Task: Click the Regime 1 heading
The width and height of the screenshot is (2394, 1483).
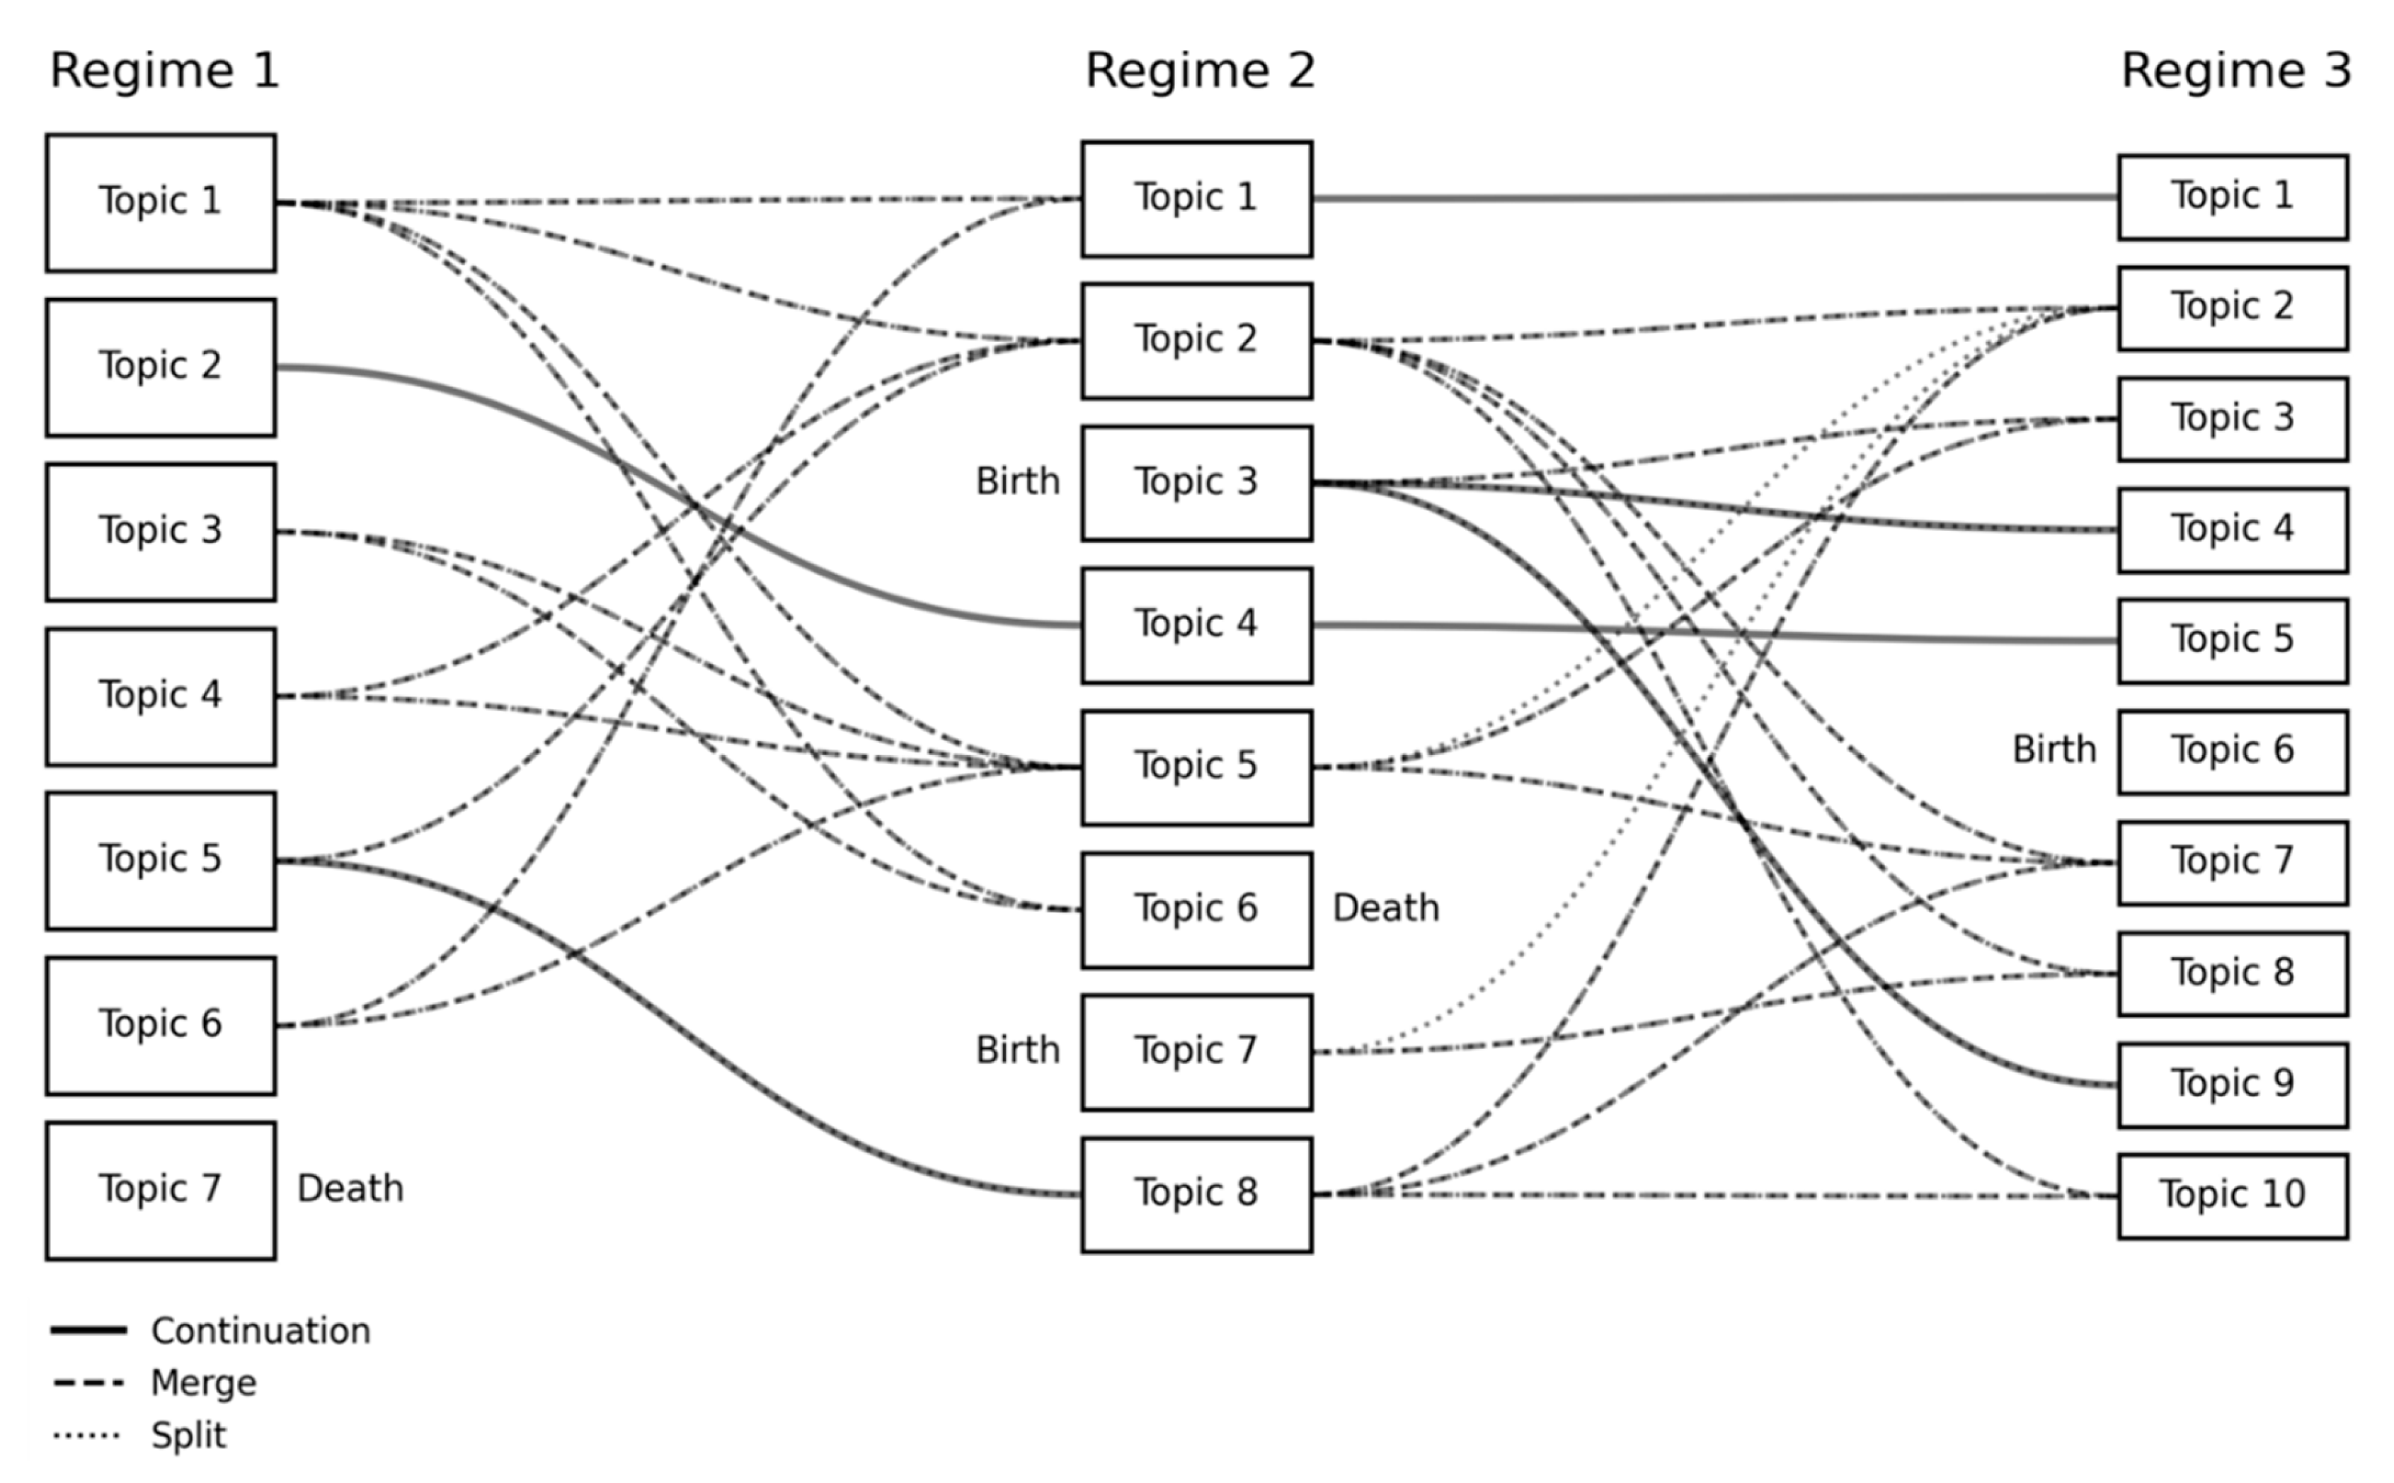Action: point(165,71)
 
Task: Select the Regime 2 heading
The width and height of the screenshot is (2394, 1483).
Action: point(1199,71)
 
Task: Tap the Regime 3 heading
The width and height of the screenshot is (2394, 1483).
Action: point(2236,71)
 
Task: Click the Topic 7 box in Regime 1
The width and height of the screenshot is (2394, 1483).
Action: point(161,1190)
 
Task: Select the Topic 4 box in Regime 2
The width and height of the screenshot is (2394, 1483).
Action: point(1196,625)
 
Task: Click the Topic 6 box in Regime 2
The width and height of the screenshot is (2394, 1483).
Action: point(1196,909)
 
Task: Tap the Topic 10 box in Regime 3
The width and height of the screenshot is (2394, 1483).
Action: point(2232,1196)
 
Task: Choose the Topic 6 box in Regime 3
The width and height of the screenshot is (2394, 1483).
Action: point(2232,751)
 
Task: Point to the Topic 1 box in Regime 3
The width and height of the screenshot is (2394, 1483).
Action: point(2232,196)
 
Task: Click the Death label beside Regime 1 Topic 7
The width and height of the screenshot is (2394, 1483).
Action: point(350,1189)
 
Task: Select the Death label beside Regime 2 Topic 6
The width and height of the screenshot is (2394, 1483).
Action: point(1385,908)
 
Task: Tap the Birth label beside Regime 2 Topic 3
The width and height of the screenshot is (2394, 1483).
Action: point(1017,481)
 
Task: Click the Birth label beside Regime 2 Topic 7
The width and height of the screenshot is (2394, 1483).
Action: point(1017,1050)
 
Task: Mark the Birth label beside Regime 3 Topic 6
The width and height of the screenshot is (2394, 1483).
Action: point(2054,750)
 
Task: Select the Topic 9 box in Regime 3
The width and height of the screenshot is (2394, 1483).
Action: point(2232,1084)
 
